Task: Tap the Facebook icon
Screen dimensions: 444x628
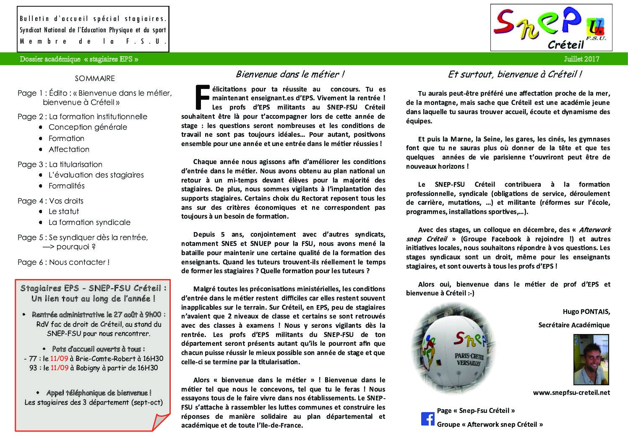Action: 427,418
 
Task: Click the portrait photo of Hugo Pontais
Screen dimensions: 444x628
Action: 591,360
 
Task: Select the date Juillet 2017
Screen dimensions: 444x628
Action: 581,59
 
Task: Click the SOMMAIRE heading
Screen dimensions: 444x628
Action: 95,78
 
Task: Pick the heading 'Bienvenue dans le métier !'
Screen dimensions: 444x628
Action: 290,74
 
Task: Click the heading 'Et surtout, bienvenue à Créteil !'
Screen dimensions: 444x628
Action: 515,74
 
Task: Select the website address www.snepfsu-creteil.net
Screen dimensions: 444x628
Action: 571,393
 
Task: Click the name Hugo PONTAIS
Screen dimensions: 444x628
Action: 586,311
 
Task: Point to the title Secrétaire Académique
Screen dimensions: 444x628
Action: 574,325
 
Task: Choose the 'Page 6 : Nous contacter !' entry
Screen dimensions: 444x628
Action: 63,262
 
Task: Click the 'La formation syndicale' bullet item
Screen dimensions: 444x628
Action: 89,222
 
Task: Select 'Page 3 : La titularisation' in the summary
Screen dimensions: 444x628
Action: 60,165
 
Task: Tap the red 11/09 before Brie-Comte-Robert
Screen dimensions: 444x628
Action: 59,359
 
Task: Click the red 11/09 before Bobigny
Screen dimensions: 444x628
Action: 59,368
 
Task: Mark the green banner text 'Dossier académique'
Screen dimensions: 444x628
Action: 50,59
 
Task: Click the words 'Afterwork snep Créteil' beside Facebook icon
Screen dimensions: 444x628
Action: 502,424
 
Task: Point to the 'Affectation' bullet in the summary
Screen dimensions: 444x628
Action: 69,149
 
